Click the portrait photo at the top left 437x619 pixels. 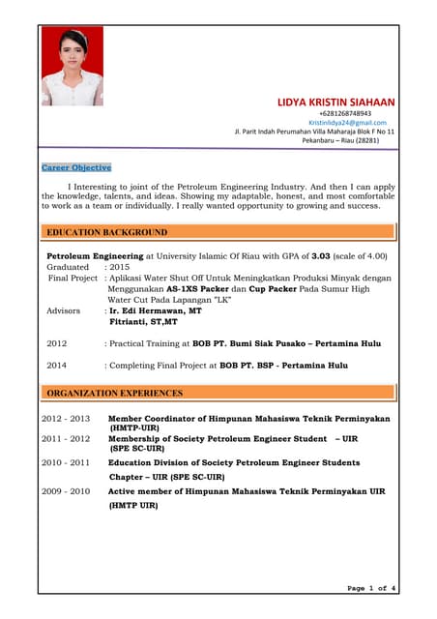(x=72, y=66)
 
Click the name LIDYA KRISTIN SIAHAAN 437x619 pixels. (x=335, y=103)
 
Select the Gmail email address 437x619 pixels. (x=347, y=123)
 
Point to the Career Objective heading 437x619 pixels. (x=76, y=167)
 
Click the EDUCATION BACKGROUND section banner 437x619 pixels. (x=218, y=232)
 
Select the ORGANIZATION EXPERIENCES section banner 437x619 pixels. (x=218, y=393)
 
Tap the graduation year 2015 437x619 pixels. (x=120, y=266)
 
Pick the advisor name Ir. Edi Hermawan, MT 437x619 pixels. (x=156, y=310)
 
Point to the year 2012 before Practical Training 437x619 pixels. (x=57, y=343)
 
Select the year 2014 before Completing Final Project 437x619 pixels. (x=57, y=366)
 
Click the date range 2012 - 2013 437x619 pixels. (x=66, y=419)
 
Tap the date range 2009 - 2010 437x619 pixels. (x=66, y=491)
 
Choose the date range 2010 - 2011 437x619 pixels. (x=66, y=462)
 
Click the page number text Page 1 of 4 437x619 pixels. (x=371, y=588)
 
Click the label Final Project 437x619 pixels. (x=73, y=278)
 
